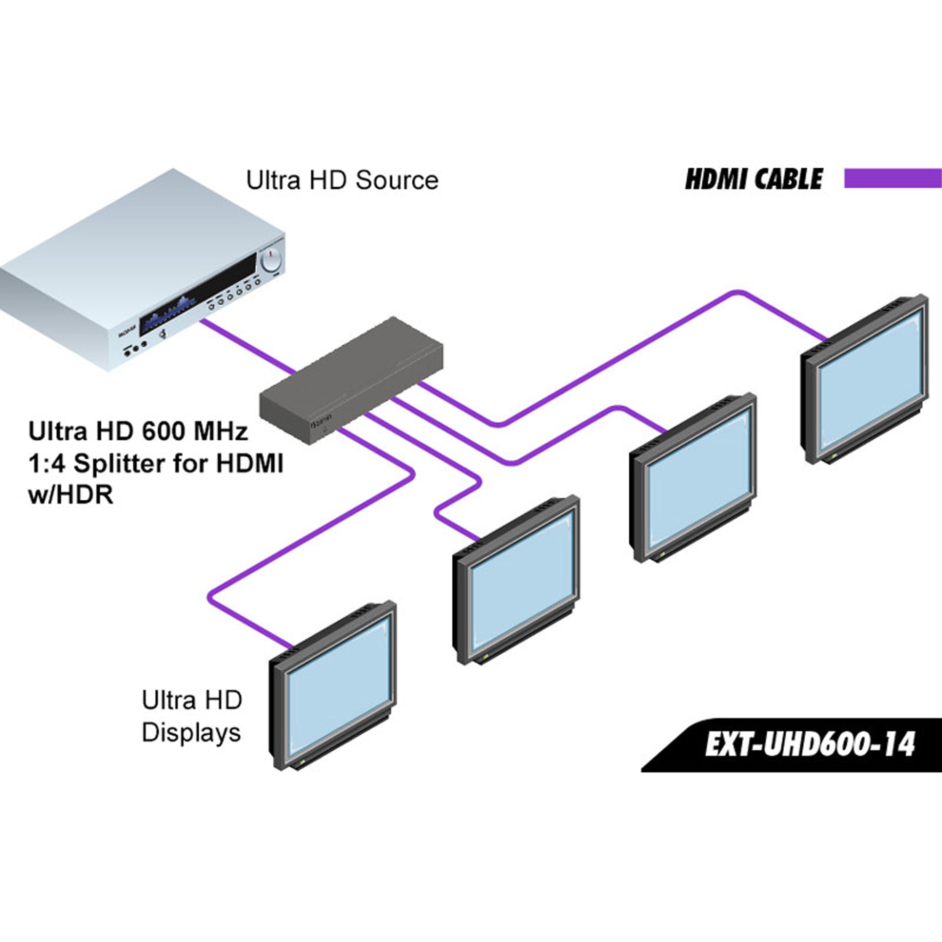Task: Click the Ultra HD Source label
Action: point(342,180)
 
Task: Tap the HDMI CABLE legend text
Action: point(753,179)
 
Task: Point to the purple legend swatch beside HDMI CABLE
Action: point(892,178)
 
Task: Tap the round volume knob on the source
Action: point(271,259)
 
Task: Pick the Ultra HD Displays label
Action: point(192,716)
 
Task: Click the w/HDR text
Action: point(71,495)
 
